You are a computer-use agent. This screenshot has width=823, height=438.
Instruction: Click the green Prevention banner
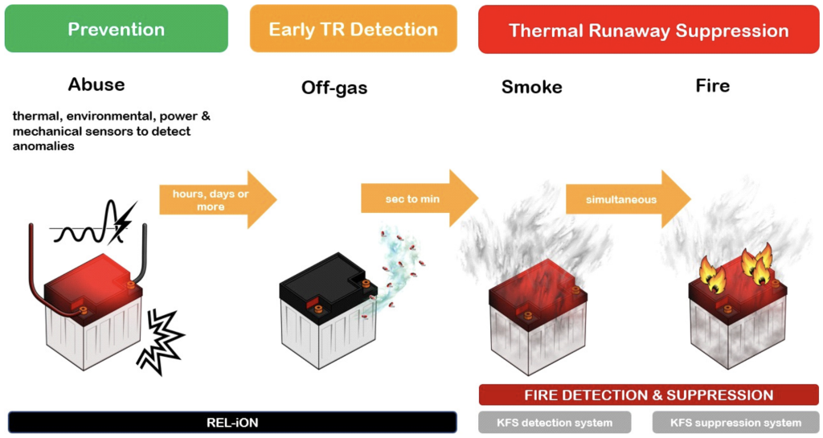click(x=116, y=29)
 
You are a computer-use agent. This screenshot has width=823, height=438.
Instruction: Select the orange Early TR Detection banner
click(x=353, y=29)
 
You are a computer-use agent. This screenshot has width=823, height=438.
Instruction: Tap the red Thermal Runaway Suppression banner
click(x=648, y=30)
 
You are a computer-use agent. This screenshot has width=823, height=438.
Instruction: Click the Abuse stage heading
click(x=96, y=84)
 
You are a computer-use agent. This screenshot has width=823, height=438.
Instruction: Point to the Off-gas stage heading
click(x=334, y=88)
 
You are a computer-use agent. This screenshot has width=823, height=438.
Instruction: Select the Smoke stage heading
click(x=531, y=87)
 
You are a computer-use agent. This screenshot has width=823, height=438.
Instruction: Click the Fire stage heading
click(x=712, y=85)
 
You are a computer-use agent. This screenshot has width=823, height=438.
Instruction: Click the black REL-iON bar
click(x=232, y=422)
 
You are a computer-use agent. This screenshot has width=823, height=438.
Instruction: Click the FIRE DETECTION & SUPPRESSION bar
click(x=649, y=395)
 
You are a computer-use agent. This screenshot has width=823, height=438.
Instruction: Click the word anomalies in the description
click(x=43, y=146)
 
